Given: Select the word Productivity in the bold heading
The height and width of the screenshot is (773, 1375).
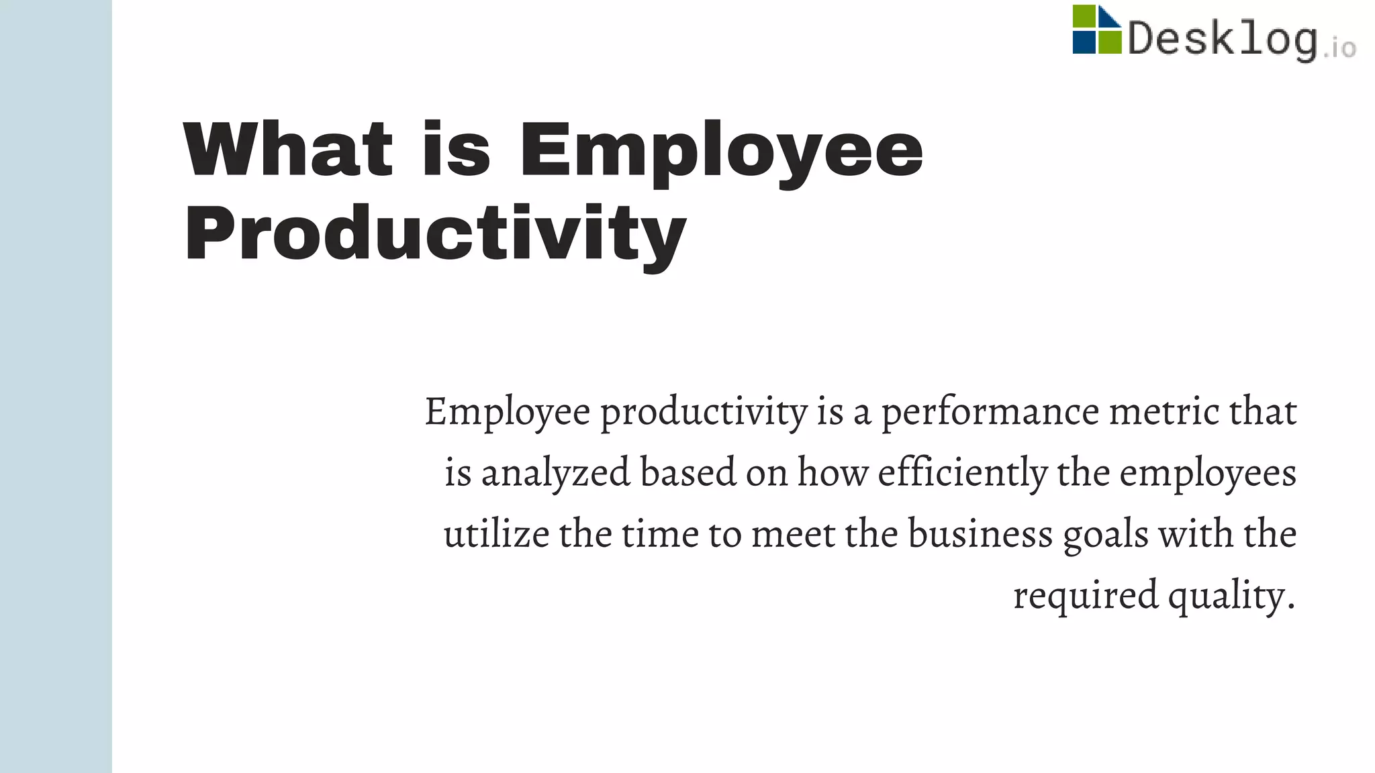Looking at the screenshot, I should [435, 234].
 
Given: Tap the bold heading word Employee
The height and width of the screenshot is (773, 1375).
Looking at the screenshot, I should [721, 150].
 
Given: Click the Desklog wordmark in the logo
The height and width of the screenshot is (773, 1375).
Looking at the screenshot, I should [1222, 39].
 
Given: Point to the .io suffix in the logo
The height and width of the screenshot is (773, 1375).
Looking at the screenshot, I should [1340, 47].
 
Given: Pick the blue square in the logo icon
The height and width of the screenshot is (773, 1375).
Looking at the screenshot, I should [1084, 42].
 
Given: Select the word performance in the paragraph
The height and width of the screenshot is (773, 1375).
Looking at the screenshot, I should [990, 411].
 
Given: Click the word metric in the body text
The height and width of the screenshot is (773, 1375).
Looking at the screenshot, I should [1164, 411].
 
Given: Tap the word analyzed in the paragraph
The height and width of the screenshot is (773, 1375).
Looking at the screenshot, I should [556, 472].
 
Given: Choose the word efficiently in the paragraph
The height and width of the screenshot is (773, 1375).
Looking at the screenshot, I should [962, 472].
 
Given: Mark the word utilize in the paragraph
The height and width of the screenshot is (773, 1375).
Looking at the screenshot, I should [496, 534].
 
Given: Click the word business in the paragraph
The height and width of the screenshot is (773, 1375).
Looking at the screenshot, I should [980, 534].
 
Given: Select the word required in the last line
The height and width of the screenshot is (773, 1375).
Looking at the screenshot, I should [1086, 596].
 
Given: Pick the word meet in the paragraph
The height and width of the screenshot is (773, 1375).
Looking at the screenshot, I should [793, 534].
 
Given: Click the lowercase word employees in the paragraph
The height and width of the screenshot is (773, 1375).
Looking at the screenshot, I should [1207, 472].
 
